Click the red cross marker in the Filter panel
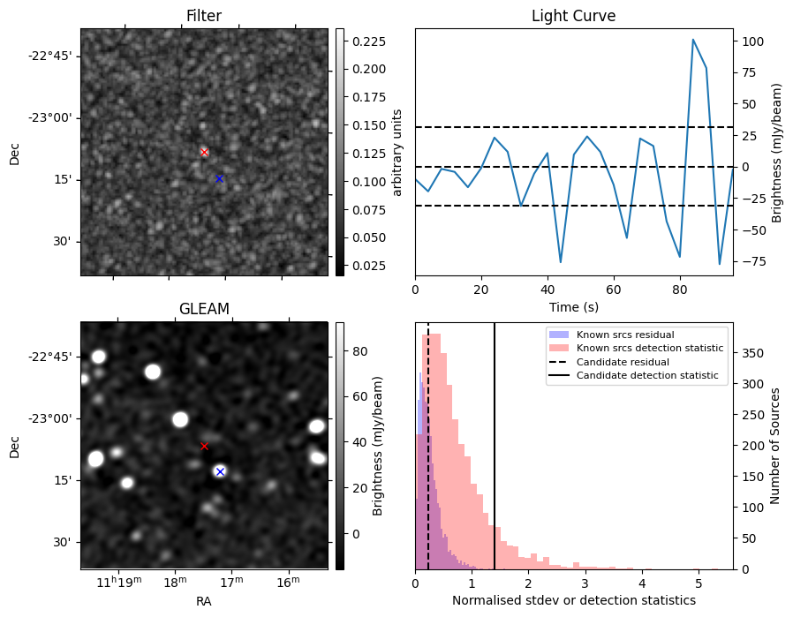pyautogui.click(x=204, y=152)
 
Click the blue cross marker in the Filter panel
pyautogui.click(x=219, y=178)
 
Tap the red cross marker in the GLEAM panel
pyautogui.click(x=204, y=446)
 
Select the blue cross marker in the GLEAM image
pyautogui.click(x=220, y=471)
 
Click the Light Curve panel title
pyautogui.click(x=573, y=16)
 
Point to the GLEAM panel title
pyautogui.click(x=204, y=309)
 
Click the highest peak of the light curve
pyautogui.click(x=693, y=40)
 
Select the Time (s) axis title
pyautogui.click(x=573, y=305)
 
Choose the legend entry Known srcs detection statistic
pyautogui.click(x=649, y=348)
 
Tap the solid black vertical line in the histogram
pyautogui.click(x=495, y=441)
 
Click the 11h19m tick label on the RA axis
pyautogui.click(x=117, y=583)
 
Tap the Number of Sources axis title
pyautogui.click(x=776, y=446)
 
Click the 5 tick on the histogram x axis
pyautogui.click(x=698, y=583)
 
